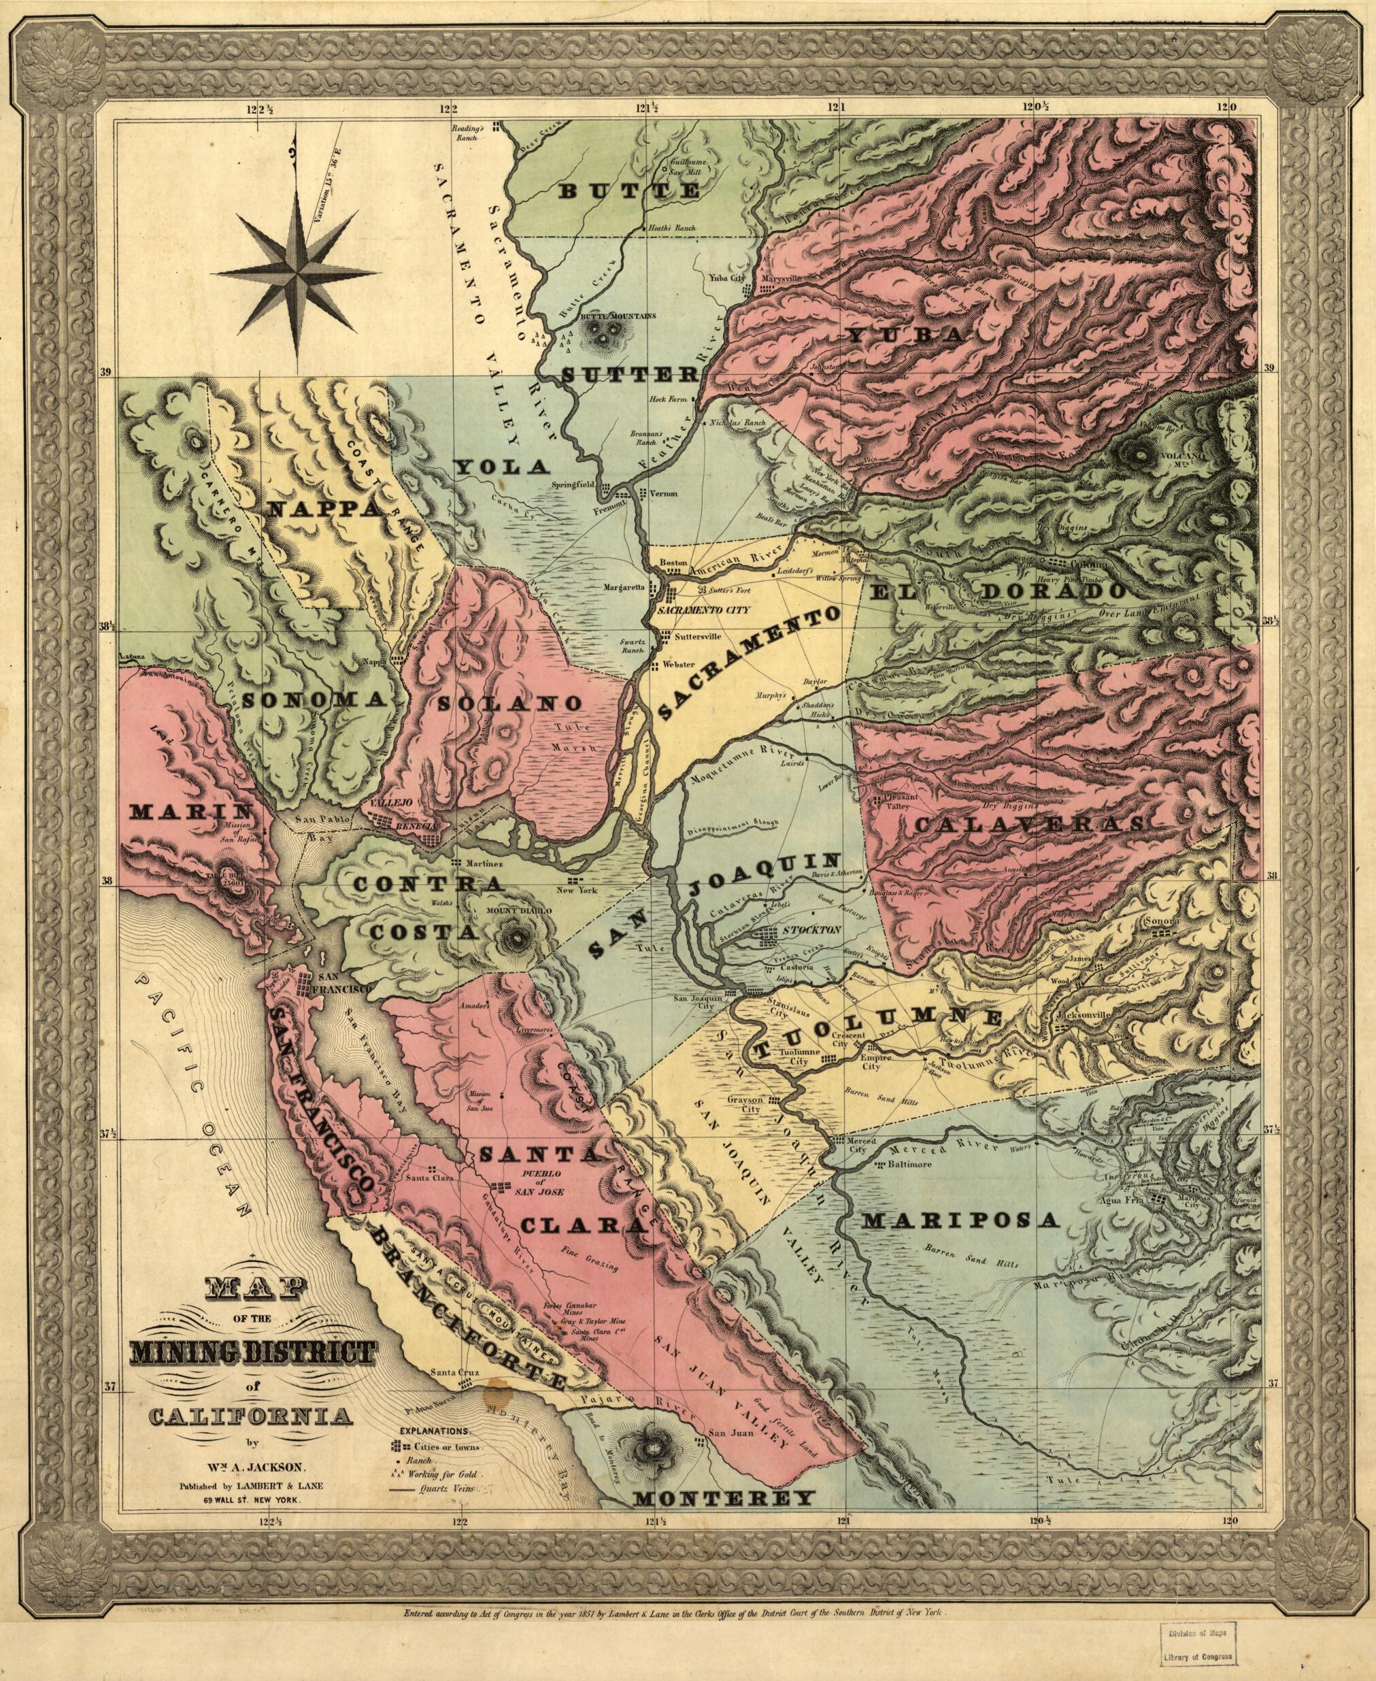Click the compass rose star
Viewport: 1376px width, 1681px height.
[297, 270]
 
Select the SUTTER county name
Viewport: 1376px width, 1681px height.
[629, 375]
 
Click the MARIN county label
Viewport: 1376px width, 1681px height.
[191, 811]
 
